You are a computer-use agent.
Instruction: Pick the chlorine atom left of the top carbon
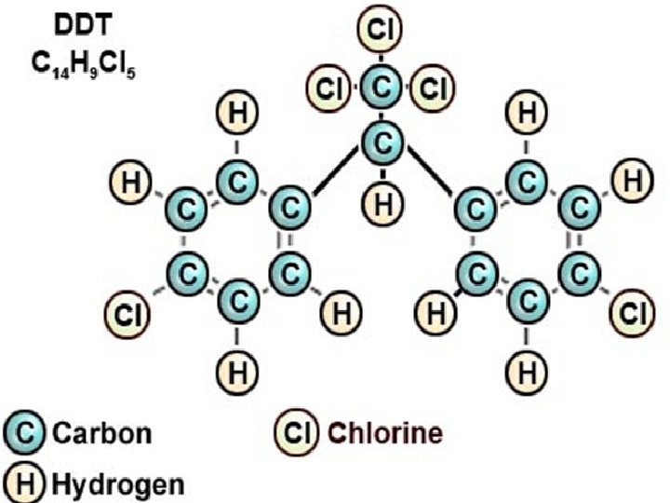click(x=330, y=89)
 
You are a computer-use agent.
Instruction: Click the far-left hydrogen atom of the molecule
click(x=130, y=181)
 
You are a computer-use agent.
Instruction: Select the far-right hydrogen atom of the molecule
click(x=631, y=181)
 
